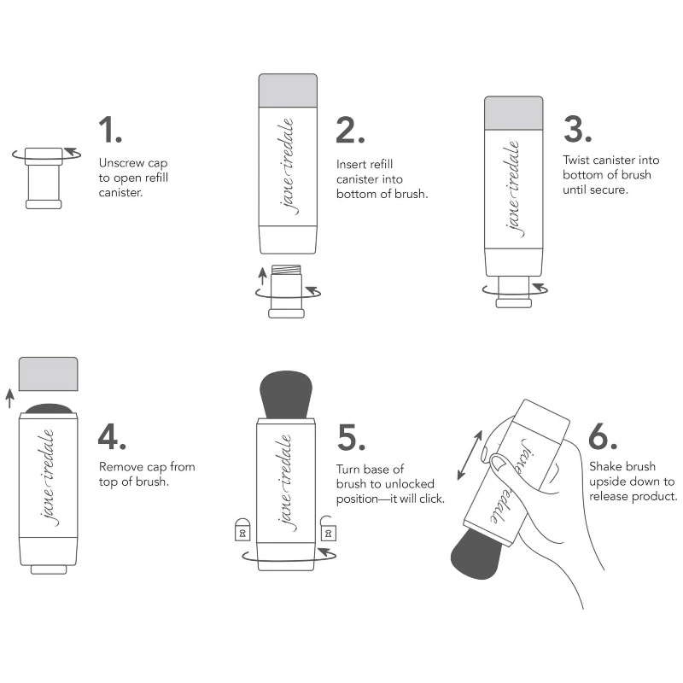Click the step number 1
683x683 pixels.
click(x=109, y=130)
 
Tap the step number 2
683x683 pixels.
click(x=350, y=130)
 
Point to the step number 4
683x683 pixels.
click(x=113, y=435)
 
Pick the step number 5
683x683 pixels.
click(x=352, y=435)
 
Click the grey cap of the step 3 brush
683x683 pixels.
click(x=513, y=112)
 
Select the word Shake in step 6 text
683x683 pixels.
click(x=604, y=466)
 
